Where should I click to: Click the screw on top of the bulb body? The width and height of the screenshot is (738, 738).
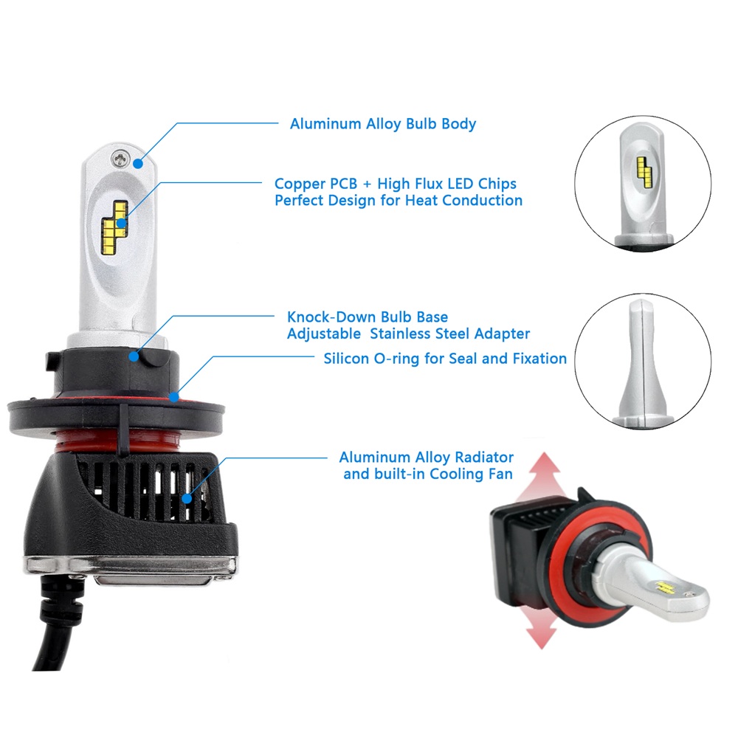pos(121,159)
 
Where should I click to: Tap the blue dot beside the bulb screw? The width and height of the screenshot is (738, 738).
pos(138,164)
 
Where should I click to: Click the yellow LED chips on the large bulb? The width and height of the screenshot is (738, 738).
pos(115,225)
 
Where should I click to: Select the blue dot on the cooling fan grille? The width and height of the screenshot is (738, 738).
pos(187,498)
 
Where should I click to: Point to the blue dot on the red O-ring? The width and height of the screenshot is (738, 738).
pos(174,398)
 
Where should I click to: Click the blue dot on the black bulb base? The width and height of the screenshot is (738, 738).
pos(134,356)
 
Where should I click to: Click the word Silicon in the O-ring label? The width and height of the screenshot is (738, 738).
pos(346,359)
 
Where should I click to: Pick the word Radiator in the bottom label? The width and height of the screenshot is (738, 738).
pos(484,458)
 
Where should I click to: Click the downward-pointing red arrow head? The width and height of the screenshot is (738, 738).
pos(542,635)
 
